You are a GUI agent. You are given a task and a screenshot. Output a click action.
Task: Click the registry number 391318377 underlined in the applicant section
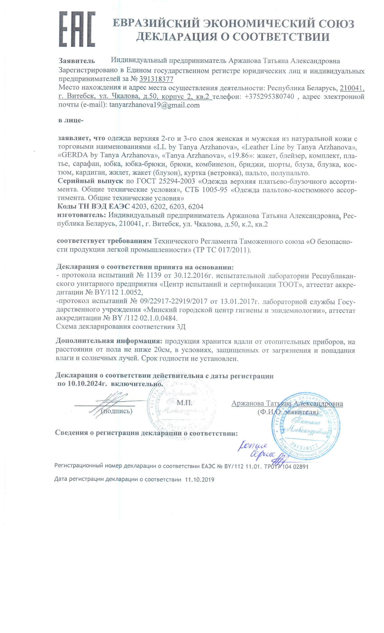point(156,79)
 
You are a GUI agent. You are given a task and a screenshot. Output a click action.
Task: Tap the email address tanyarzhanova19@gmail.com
point(154,105)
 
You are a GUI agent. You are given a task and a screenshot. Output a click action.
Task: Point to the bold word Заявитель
point(77,61)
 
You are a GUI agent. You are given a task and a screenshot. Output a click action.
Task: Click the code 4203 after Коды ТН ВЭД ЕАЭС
point(139,207)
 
